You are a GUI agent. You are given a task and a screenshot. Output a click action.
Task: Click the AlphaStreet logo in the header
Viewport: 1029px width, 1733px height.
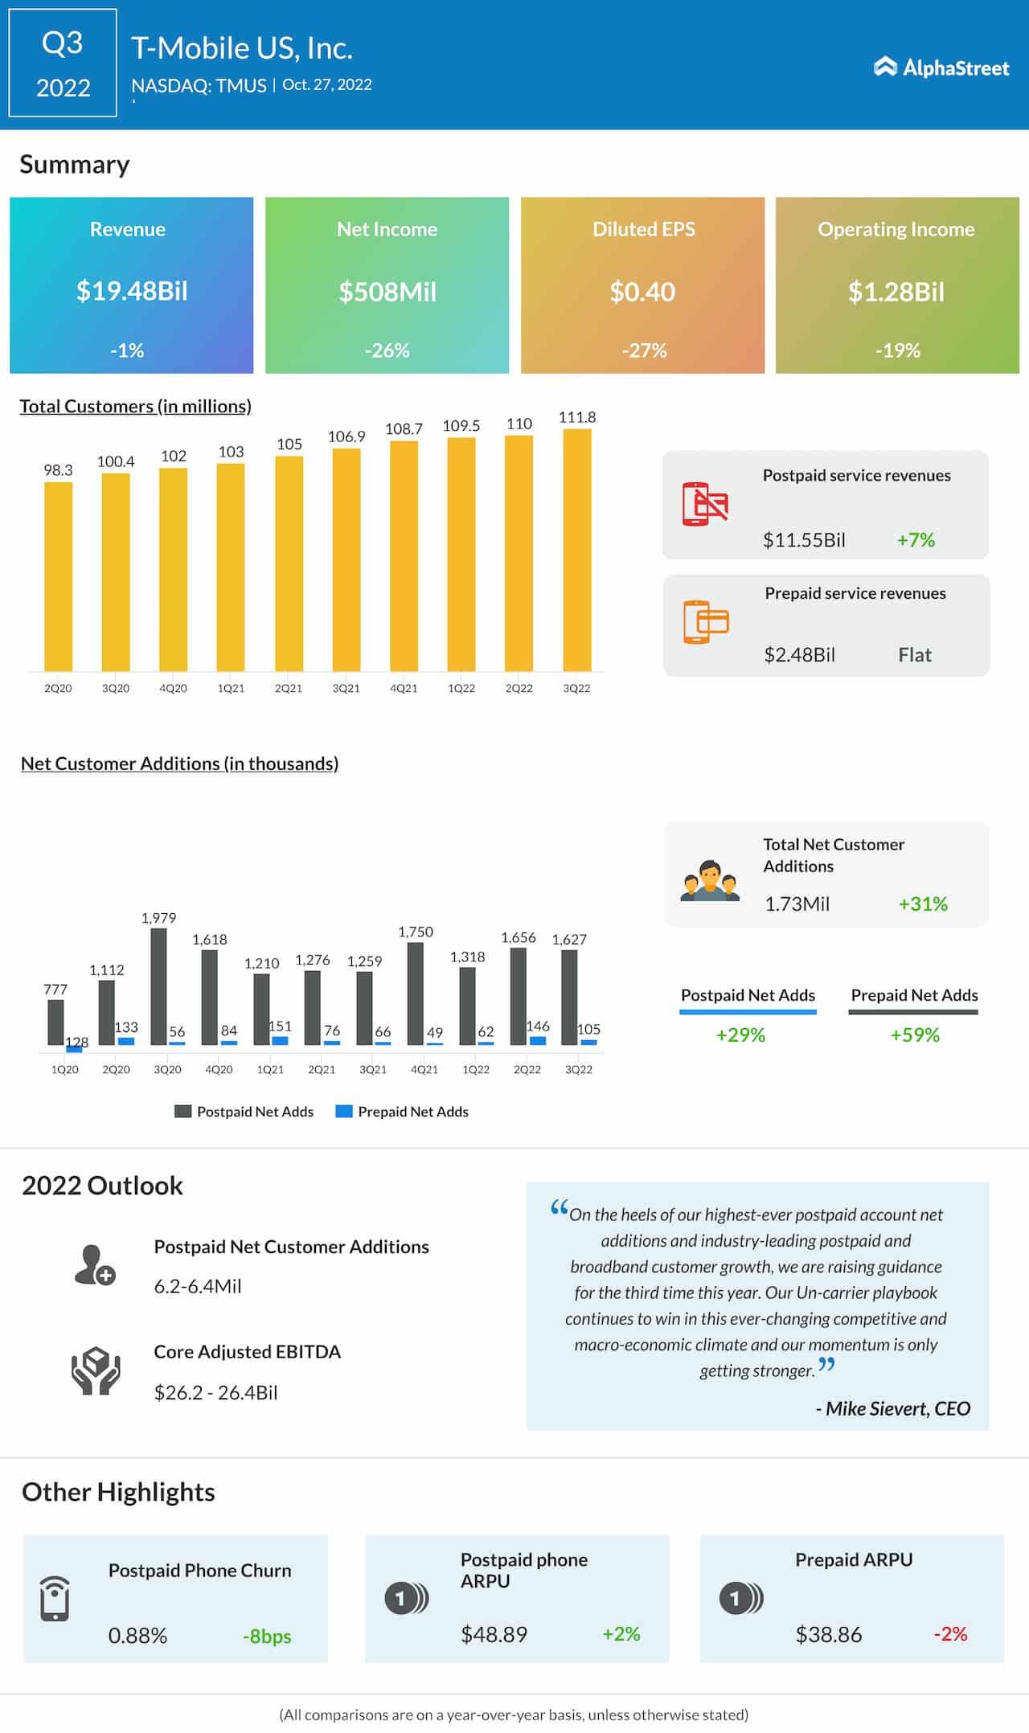(941, 68)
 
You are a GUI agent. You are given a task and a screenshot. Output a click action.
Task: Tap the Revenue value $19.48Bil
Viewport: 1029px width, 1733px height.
(132, 291)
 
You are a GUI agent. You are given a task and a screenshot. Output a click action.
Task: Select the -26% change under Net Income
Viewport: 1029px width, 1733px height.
(387, 350)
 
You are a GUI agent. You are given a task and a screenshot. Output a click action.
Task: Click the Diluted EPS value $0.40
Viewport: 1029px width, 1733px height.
(642, 292)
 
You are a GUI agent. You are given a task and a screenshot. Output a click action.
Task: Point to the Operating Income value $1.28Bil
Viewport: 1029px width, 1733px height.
(896, 292)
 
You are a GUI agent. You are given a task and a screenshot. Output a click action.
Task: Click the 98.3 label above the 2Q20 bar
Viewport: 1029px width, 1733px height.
(58, 470)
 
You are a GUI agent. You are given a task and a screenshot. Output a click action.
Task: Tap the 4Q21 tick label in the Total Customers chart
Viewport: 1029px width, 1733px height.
(404, 689)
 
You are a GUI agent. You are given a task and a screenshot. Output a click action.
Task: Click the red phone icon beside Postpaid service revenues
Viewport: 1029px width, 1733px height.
(704, 504)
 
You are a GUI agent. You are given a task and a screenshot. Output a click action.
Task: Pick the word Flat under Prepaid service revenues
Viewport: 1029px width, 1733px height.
(915, 655)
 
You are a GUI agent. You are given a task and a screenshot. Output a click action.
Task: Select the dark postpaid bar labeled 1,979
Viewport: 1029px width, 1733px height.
(159, 986)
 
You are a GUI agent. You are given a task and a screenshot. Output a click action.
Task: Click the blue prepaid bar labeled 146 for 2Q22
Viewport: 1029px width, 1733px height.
(538, 1040)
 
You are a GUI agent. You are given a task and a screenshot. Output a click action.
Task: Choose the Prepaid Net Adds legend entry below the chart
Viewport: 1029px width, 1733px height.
(402, 1112)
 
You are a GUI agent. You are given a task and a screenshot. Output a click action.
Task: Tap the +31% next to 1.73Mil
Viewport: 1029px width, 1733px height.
(923, 904)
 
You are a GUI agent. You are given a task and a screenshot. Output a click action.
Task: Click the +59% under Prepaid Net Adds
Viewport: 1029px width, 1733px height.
(915, 1035)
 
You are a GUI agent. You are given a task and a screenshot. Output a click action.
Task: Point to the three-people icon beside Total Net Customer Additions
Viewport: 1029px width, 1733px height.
(709, 882)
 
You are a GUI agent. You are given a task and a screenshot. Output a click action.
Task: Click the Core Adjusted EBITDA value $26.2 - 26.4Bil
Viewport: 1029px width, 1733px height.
(215, 1393)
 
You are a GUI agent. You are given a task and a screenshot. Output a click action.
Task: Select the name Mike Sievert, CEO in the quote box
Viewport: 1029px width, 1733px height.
(897, 1409)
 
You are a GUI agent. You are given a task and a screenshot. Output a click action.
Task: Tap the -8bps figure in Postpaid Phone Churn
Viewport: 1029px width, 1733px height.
(267, 1637)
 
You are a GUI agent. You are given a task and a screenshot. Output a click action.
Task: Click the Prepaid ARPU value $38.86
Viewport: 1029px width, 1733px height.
(828, 1635)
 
